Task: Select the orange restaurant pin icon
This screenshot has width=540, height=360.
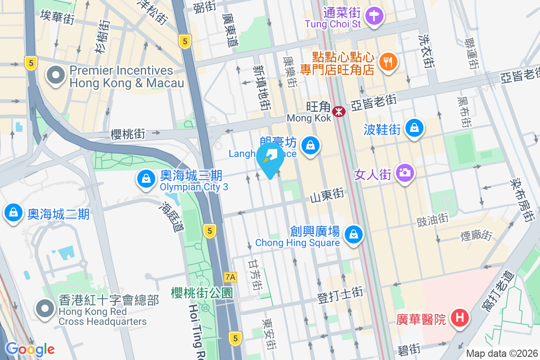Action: [x=387, y=61]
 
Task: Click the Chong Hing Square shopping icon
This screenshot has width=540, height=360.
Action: [x=354, y=234]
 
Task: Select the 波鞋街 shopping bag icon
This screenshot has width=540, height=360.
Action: [x=414, y=128]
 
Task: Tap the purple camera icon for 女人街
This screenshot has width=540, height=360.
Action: [x=405, y=172]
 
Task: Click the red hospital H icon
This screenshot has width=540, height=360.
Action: [x=459, y=318]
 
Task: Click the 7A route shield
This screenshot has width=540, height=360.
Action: [x=230, y=276]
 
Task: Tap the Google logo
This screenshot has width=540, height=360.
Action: [x=30, y=349]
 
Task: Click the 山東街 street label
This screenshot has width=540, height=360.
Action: [x=327, y=196]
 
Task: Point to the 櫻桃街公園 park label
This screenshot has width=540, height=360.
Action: [x=202, y=293]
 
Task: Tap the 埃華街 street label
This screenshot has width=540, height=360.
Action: [x=58, y=15]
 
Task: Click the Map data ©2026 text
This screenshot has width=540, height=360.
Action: [x=501, y=353]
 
